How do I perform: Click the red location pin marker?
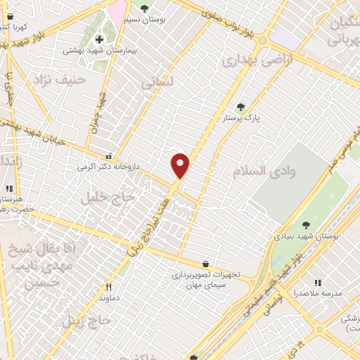[181, 165]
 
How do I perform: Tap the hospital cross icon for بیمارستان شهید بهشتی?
[99, 38]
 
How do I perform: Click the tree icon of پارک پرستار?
[241, 107]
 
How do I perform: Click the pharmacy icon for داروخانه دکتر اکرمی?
[108, 156]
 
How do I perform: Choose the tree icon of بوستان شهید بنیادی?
[306, 225]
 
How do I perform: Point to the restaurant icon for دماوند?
[108, 287]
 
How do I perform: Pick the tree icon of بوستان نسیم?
[144, 8]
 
